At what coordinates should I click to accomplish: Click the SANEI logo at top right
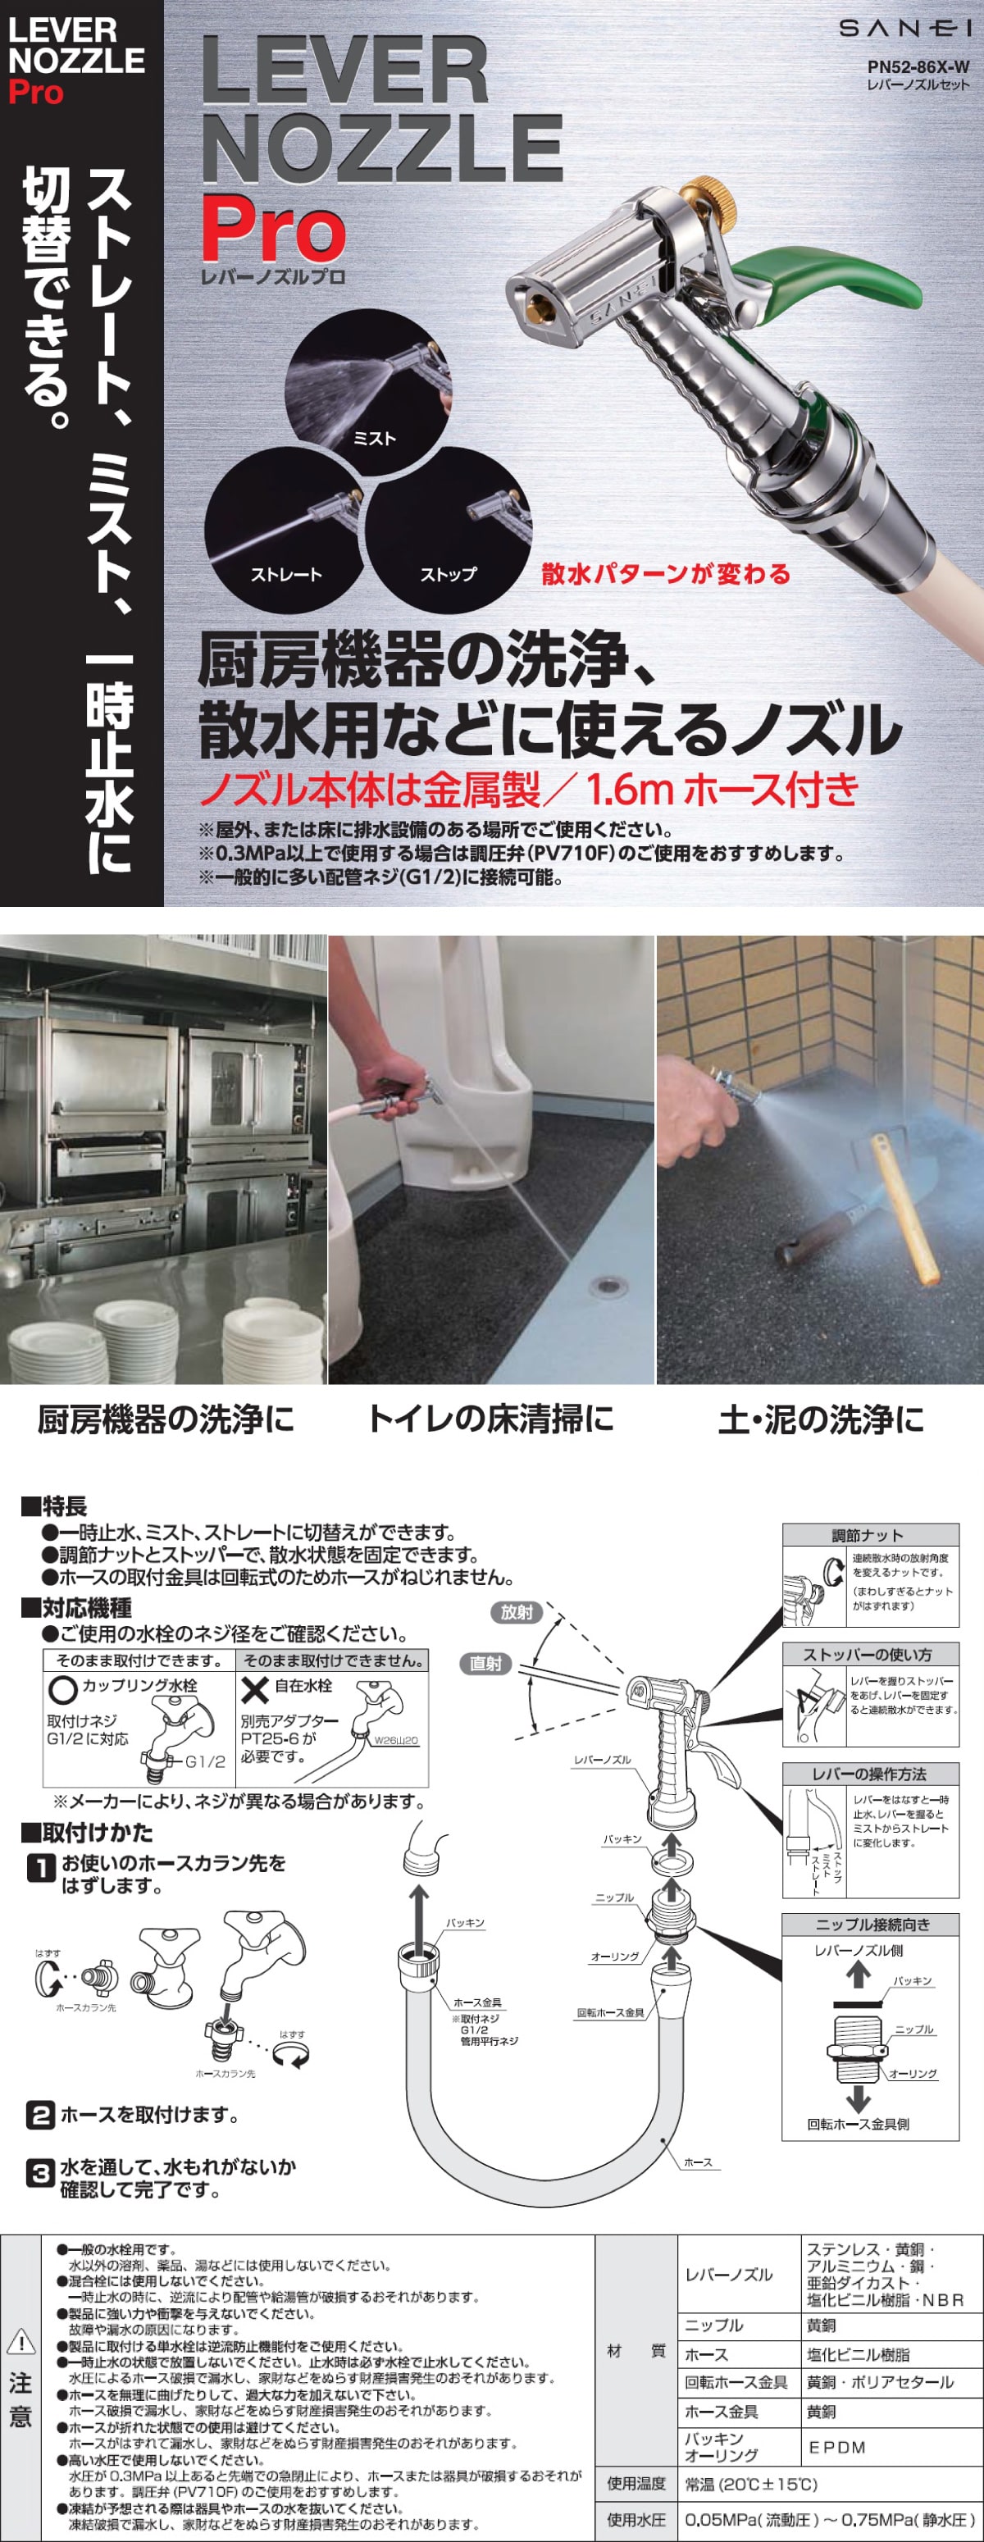pyautogui.click(x=904, y=30)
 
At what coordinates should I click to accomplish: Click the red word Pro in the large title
pyautogui.click(x=273, y=229)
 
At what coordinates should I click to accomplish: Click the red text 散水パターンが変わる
pyautogui.click(x=665, y=573)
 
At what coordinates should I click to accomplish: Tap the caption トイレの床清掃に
pyautogui.click(x=490, y=1419)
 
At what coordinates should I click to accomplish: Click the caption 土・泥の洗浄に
pyautogui.click(x=820, y=1419)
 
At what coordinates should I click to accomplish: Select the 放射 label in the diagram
pyautogui.click(x=516, y=1612)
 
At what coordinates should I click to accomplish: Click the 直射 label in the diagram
pyautogui.click(x=485, y=1664)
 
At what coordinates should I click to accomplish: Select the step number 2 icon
pyautogui.click(x=39, y=2115)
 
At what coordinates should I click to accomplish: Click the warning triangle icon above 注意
pyautogui.click(x=20, y=2342)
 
